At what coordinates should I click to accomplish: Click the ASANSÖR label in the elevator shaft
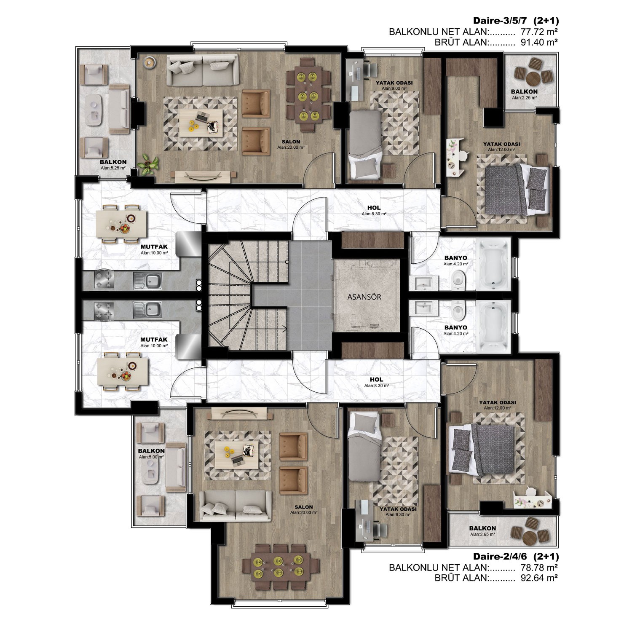[x=364, y=297]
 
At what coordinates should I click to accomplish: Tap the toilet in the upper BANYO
[x=458, y=280]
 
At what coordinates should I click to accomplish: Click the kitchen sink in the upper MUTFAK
[x=147, y=280]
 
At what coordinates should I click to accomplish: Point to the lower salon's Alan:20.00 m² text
[x=303, y=513]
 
